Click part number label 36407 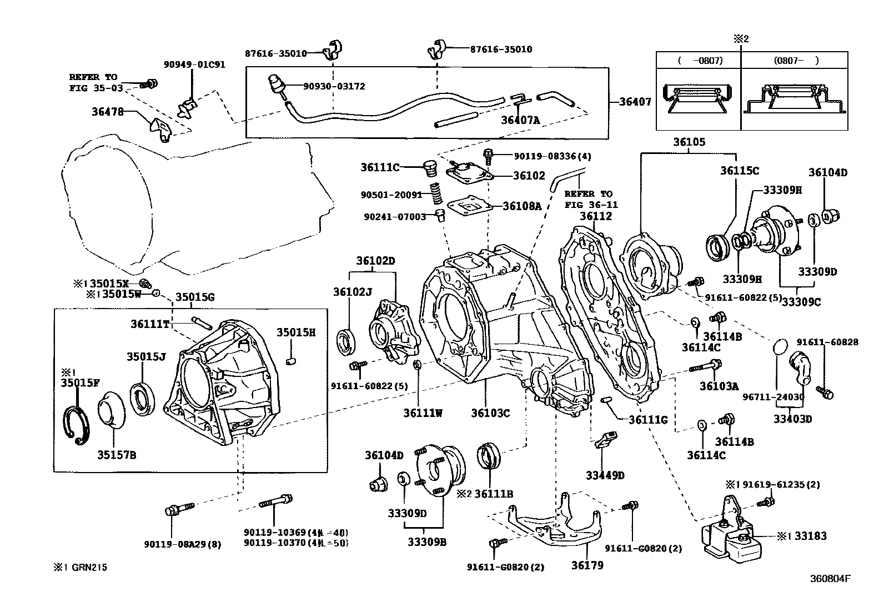[x=635, y=102]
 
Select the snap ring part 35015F [x=74, y=425]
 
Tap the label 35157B [x=117, y=455]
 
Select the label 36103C [x=490, y=413]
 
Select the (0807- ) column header [x=795, y=60]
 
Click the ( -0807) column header [x=699, y=60]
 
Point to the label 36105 [x=689, y=142]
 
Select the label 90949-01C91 [x=194, y=64]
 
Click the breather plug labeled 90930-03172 [x=275, y=85]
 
